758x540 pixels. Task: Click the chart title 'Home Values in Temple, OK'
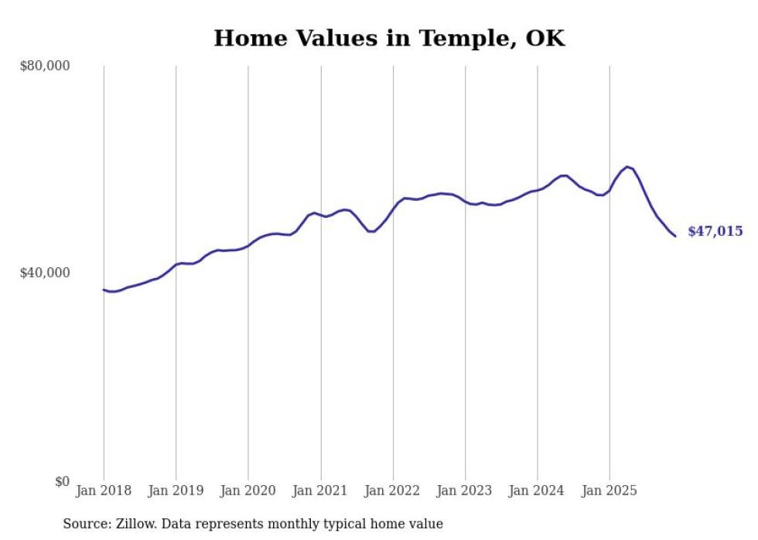[x=389, y=38]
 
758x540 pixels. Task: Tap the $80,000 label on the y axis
[x=44, y=66]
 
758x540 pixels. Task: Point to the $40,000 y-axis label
[x=44, y=273]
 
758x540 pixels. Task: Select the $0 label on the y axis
[x=62, y=481]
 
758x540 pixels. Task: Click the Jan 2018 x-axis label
[x=104, y=491]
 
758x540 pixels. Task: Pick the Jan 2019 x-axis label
[x=176, y=491]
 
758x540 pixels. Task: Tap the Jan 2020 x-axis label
[x=248, y=491]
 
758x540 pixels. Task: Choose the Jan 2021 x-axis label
[x=320, y=491]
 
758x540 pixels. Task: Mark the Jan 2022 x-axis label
[x=393, y=491]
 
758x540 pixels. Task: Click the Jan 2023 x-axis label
[x=465, y=491]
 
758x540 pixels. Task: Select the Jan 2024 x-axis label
[x=538, y=491]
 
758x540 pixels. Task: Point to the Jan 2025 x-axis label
[x=609, y=491]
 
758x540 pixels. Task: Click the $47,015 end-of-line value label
[x=715, y=232]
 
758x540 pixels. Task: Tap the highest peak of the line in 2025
[x=627, y=167]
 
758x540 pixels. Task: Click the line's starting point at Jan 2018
[x=104, y=290]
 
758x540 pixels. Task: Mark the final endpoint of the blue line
[x=675, y=236]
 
